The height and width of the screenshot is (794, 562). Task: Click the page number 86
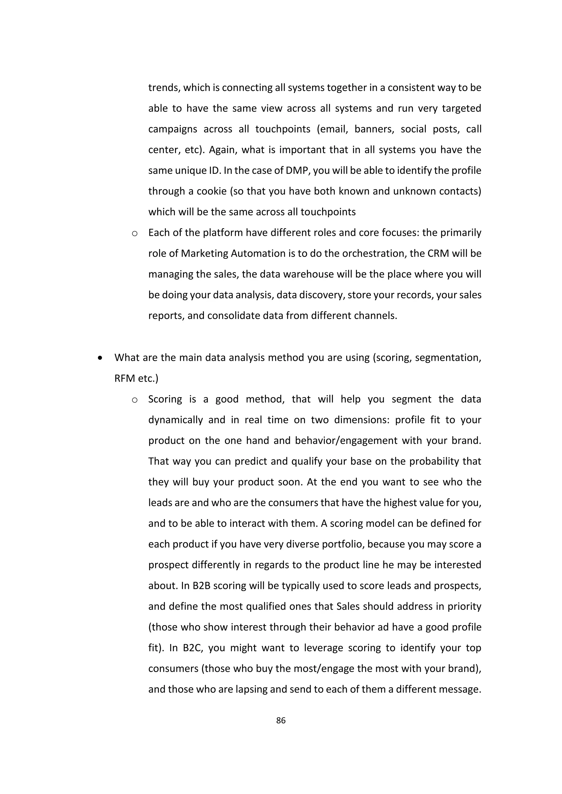tap(281, 720)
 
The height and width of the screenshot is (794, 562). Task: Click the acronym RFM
tap(125, 378)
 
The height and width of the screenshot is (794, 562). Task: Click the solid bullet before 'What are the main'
tap(100, 358)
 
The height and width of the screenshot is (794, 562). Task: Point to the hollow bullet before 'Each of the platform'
tap(135, 233)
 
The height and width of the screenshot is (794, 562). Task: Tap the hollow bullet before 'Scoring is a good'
tap(135, 400)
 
